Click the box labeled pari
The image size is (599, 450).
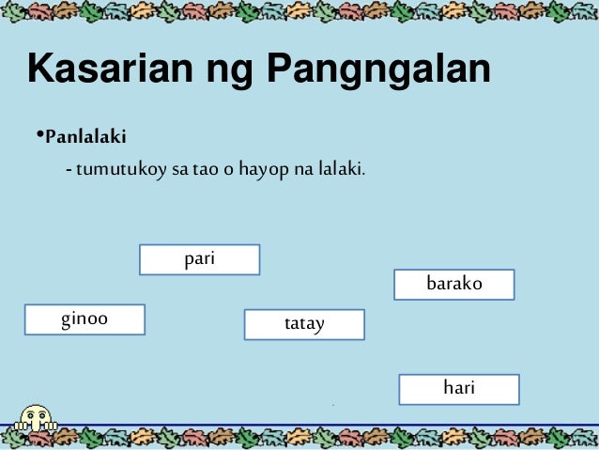click(x=199, y=259)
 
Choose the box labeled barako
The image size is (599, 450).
click(x=453, y=284)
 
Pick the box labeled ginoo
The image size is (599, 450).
click(x=84, y=319)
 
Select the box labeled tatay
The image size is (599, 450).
click(x=304, y=324)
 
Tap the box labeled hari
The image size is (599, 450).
click(x=458, y=389)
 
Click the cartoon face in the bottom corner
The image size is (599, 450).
click(x=37, y=418)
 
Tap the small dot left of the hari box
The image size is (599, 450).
click(x=333, y=404)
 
